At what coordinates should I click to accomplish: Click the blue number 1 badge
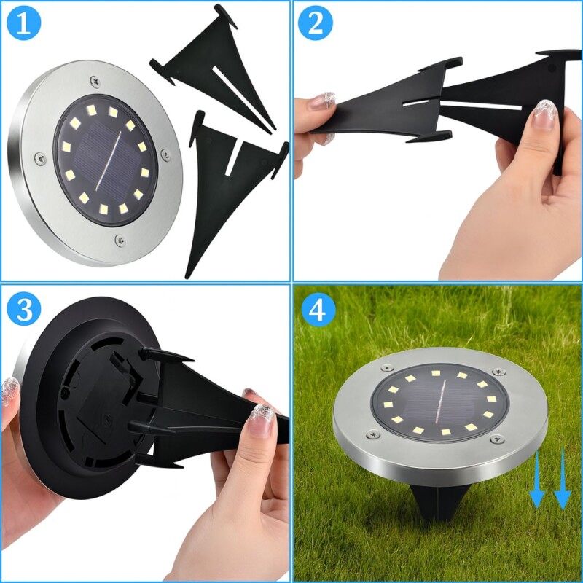coord(24,23)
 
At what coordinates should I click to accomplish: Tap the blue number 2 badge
coord(316,23)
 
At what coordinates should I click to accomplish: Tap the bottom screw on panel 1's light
coord(120,239)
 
